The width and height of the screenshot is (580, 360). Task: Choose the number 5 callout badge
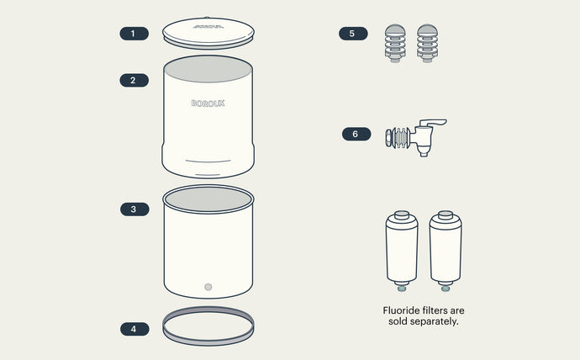click(353, 34)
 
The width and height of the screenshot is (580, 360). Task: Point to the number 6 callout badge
click(356, 134)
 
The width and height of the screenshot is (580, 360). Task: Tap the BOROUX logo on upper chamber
click(208, 104)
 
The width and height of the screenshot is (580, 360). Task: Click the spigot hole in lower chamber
click(208, 287)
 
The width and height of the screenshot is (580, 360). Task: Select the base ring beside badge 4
click(208, 326)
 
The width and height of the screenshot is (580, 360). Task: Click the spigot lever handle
click(432, 124)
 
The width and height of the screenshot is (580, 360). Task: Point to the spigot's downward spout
click(424, 149)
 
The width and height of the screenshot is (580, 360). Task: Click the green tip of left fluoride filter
click(401, 289)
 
